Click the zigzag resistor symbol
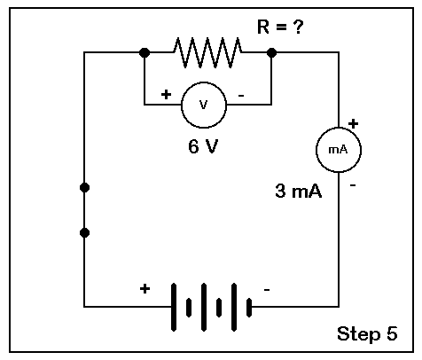pyautogui.click(x=207, y=52)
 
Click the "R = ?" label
pyautogui.click(x=280, y=27)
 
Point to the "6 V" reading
pyautogui.click(x=203, y=146)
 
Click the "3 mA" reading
pyautogui.click(x=298, y=191)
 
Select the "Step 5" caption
pyautogui.click(x=367, y=334)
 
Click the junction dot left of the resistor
pyautogui.click(x=145, y=52)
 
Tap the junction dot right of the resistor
pyautogui.click(x=271, y=52)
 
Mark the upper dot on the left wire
pyautogui.click(x=84, y=187)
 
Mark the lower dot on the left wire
pyautogui.click(x=84, y=233)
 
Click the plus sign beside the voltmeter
pyautogui.click(x=166, y=95)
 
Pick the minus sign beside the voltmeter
pyautogui.click(x=241, y=96)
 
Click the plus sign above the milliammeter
pyautogui.click(x=353, y=123)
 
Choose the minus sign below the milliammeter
pyautogui.click(x=353, y=185)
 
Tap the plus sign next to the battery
pyautogui.click(x=145, y=288)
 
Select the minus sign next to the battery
pyautogui.click(x=267, y=290)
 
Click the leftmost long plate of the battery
pyautogui.click(x=174, y=307)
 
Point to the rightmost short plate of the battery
pyautogui.click(x=249, y=308)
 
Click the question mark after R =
pyautogui.click(x=298, y=27)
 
